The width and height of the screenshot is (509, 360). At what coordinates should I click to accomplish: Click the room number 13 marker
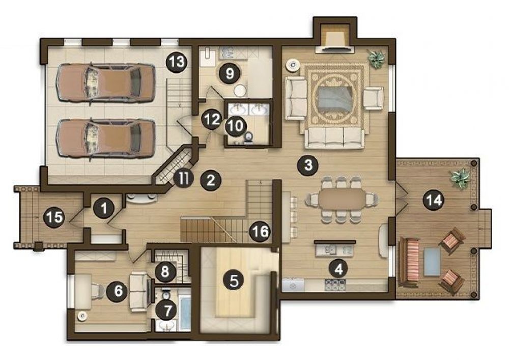177,62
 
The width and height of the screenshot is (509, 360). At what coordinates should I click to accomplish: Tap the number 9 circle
230,73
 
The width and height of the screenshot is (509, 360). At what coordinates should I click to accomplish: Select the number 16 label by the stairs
260,232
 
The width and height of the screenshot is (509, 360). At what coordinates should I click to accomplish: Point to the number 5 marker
234,281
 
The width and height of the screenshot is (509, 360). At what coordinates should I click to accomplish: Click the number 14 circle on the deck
434,200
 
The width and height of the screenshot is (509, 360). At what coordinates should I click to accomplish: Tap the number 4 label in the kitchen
338,269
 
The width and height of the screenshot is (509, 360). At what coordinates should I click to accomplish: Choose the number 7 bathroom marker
167,311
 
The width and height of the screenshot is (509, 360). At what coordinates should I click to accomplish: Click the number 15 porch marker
54,217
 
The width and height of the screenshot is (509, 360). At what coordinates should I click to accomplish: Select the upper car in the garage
105,84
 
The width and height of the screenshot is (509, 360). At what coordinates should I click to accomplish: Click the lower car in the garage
105,139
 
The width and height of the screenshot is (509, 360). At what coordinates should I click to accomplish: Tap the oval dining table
342,199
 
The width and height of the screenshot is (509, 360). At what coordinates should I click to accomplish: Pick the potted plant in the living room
376,59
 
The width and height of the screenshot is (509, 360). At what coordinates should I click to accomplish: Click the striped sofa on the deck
410,263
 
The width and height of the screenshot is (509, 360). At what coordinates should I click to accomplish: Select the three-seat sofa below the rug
335,139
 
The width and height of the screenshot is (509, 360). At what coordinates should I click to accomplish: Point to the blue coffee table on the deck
432,262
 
